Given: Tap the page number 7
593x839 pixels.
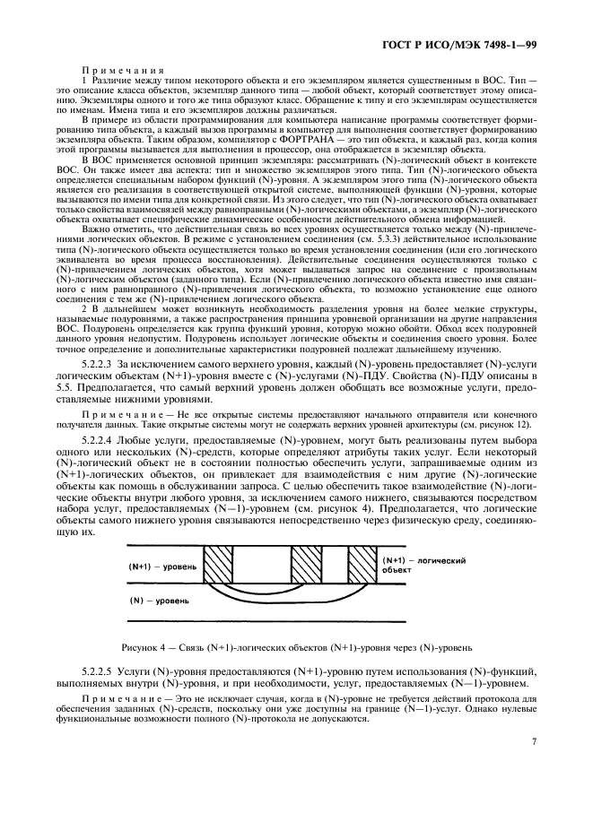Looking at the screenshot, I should pos(534,741).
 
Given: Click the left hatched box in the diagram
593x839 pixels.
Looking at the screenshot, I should pos(218,566).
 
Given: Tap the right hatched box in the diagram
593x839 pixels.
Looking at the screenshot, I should pos(363,566).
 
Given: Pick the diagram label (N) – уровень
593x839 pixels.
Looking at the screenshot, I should pos(156,599).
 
